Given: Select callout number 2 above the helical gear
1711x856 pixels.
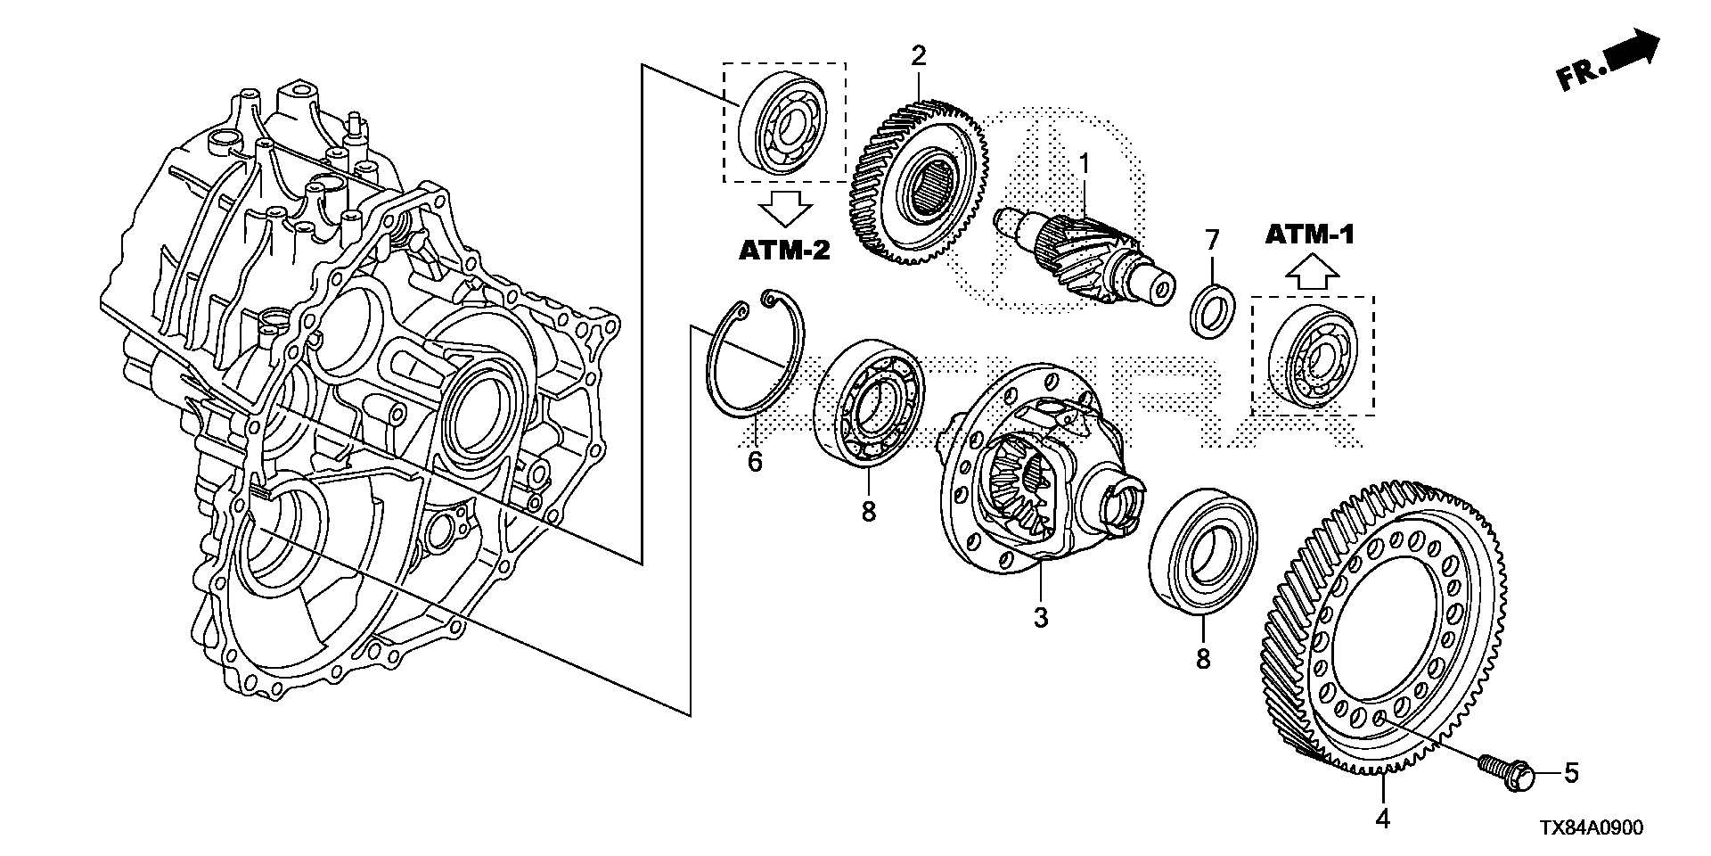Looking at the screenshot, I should pos(919,56).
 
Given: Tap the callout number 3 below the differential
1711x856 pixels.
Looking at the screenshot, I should pos(1041,617).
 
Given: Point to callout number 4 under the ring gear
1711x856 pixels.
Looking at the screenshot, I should pos(1381,818).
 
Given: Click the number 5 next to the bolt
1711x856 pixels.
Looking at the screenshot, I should pos(1571,773).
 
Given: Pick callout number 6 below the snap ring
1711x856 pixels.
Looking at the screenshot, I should pos(755,462).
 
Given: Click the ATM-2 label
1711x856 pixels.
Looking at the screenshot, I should pos(784,251).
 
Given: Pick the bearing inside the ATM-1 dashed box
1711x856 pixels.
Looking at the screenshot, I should pos(1310,356).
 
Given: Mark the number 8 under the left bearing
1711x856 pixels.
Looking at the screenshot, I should pos(868,511).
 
